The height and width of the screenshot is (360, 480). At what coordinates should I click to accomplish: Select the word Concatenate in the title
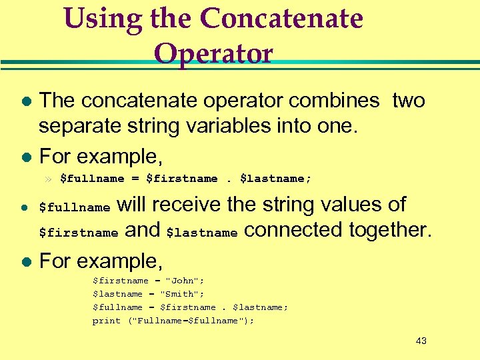pyautogui.click(x=281, y=19)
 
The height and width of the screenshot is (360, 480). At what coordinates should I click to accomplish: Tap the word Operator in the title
pyautogui.click(x=213, y=53)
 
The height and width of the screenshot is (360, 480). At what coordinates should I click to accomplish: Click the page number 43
pyautogui.click(x=421, y=341)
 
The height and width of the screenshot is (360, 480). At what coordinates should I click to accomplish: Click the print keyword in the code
pyautogui.click(x=107, y=321)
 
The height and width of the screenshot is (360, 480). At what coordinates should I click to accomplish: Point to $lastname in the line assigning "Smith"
pyautogui.click(x=117, y=294)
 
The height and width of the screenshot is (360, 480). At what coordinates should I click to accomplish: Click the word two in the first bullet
pyautogui.click(x=409, y=101)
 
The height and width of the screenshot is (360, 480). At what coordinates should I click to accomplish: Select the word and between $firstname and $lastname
pyautogui.click(x=143, y=231)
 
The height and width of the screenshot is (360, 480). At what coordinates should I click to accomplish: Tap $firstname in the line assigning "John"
pyautogui.click(x=121, y=281)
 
